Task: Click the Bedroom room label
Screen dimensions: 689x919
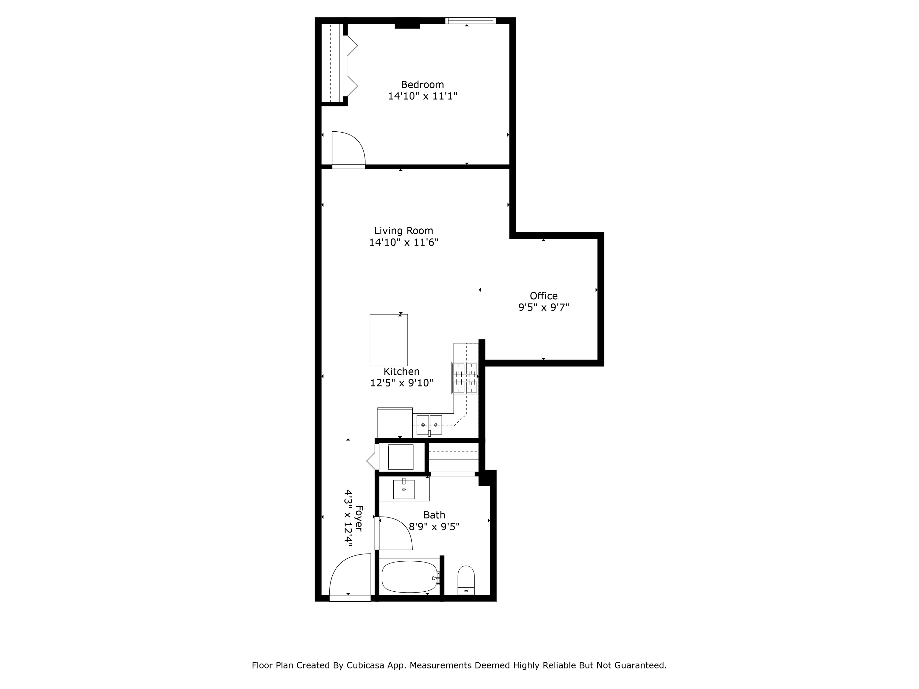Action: pos(422,85)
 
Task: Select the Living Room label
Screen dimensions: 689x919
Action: pos(403,231)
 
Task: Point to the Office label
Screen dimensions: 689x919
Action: pos(543,296)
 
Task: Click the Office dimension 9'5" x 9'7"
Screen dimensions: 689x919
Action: pos(543,308)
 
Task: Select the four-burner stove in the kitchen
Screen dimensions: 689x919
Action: pos(465,378)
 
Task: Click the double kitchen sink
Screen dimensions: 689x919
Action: pos(429,425)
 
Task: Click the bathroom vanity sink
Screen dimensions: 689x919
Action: pos(404,489)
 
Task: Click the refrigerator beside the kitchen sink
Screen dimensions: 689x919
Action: pos(395,423)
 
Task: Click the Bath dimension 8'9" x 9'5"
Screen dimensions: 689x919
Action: pos(434,527)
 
